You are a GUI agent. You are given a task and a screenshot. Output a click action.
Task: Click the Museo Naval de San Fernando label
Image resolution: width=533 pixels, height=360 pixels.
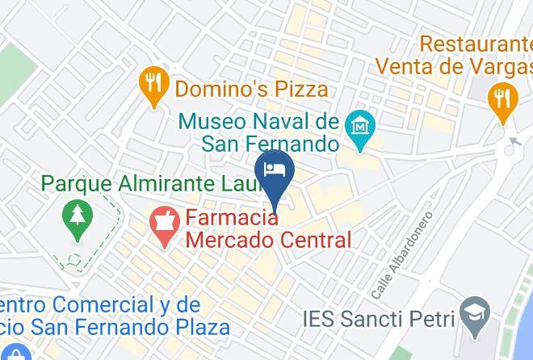258,133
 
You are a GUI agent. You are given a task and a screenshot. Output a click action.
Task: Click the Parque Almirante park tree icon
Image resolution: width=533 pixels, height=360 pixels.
78,220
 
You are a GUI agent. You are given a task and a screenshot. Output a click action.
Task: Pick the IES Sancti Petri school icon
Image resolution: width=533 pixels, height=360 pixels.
470,316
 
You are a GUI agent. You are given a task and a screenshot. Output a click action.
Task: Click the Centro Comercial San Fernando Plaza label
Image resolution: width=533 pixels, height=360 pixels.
114,316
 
